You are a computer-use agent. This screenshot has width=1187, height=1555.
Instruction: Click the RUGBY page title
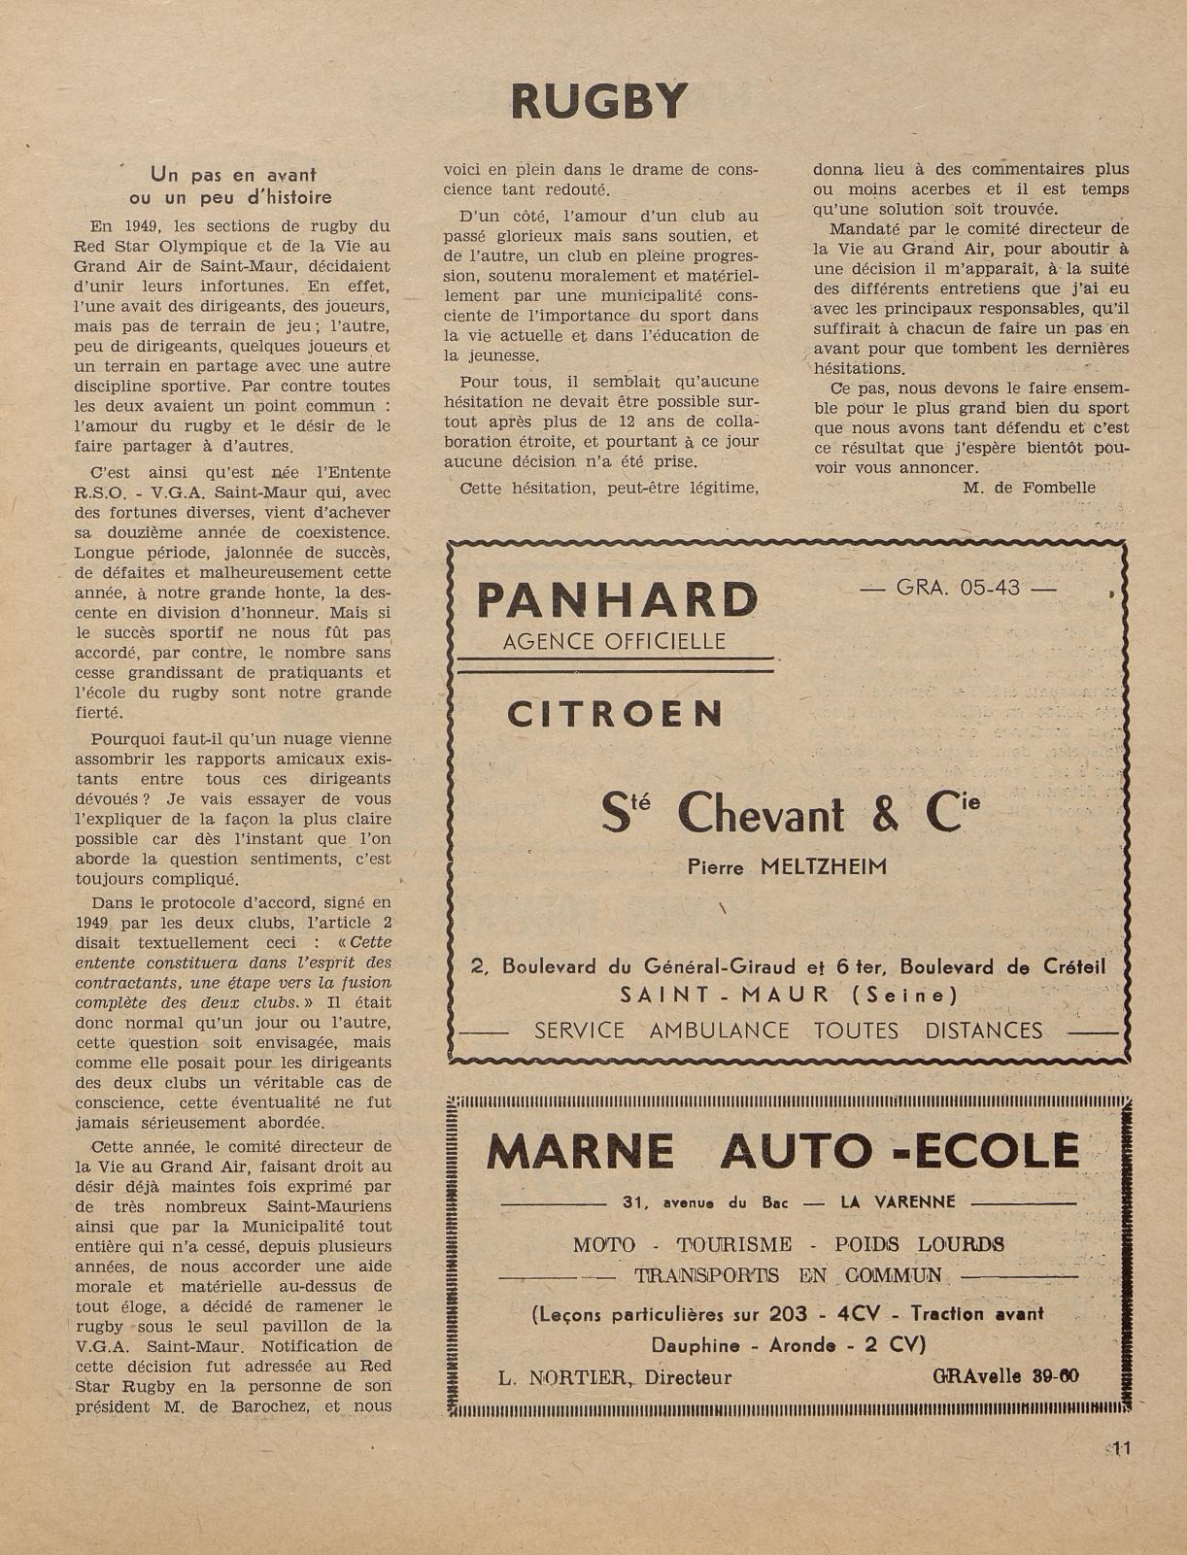pos(598,101)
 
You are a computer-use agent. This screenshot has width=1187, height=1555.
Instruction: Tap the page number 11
pos(1122,1448)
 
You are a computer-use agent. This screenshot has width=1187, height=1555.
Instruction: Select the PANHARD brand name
pos(617,600)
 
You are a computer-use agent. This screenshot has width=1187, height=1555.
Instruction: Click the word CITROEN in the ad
pos(616,715)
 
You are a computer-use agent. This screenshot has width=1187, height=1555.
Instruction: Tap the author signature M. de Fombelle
pos(1029,488)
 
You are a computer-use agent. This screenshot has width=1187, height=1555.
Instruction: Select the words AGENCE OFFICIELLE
pos(614,641)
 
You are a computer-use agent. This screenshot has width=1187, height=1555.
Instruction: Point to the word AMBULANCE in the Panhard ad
pos(719,1031)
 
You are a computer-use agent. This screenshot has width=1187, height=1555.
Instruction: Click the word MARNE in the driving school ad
pos(580,1152)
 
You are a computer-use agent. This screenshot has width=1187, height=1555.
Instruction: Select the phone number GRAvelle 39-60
pos(1004,1376)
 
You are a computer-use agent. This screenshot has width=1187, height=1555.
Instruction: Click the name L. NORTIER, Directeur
pos(614,1377)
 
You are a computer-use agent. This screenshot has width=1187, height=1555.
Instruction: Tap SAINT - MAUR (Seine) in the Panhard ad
pos(788,995)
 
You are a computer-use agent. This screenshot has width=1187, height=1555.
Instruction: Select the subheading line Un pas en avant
pos(233,175)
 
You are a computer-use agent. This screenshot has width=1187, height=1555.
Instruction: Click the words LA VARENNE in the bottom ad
pos(899,1202)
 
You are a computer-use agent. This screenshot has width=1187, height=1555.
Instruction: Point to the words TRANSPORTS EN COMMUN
pos(788,1275)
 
